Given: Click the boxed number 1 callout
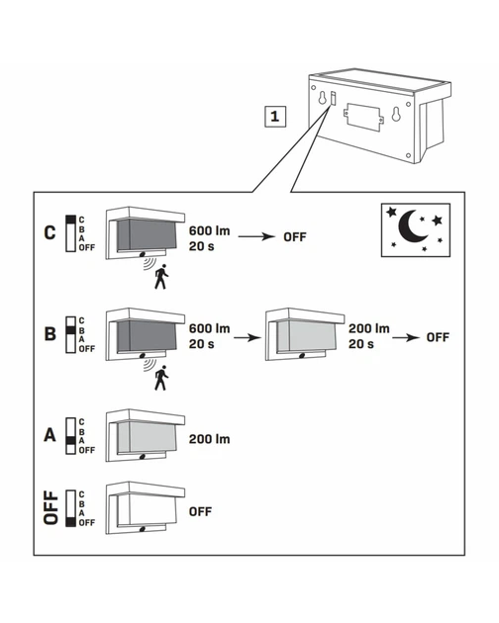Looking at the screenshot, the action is point(275,117).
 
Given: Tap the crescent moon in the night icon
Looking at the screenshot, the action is point(412,226).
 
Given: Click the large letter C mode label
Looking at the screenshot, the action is point(50,232).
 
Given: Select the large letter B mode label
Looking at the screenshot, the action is point(50,334).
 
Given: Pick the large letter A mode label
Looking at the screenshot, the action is point(50,435).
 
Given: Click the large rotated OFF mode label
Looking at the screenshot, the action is point(50,507).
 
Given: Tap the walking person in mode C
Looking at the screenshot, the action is point(161,277).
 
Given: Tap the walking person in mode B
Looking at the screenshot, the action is point(161,378).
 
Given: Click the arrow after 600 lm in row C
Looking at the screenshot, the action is point(256,236).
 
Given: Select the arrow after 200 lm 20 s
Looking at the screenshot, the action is point(406,338).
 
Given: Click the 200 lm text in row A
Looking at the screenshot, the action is point(209,439).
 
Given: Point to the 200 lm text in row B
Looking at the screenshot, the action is point(369,328).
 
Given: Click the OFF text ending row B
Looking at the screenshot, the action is point(438,337).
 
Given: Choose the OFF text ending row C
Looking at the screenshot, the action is point(295,237).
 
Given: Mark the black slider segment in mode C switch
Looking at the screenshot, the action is point(71,220).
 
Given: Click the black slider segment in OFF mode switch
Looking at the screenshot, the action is point(71,522).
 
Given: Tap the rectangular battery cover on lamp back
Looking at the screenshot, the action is point(363,118).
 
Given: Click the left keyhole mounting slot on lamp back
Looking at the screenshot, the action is point(323,98).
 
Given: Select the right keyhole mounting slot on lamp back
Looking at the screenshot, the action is point(396,114).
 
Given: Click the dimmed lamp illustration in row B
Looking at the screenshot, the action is point(305,334).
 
